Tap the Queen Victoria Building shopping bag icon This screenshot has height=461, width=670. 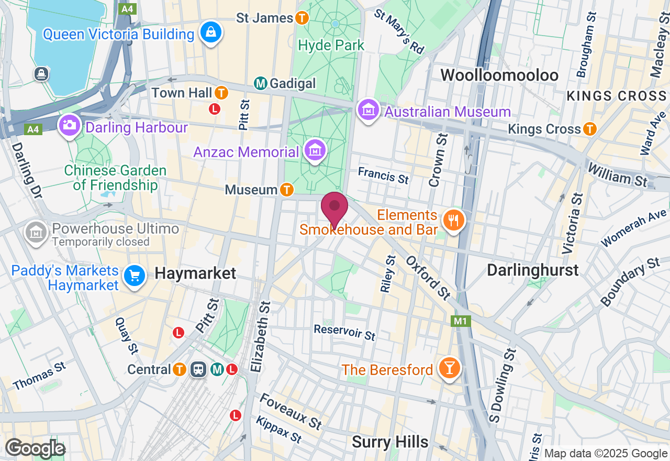coord(210,32)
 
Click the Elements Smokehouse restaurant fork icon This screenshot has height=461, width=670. coord(453,220)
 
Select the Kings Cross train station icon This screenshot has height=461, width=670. coord(590,129)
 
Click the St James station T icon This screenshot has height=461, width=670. coord(302,18)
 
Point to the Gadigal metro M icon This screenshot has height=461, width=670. coord(260,83)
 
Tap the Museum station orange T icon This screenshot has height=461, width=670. coord(286,189)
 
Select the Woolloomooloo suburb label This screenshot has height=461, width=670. coord(499,75)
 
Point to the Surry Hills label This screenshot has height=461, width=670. coord(390,442)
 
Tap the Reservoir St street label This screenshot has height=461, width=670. coord(344,332)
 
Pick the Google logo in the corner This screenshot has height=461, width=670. coord(35,448)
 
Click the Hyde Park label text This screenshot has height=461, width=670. coord(331,46)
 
